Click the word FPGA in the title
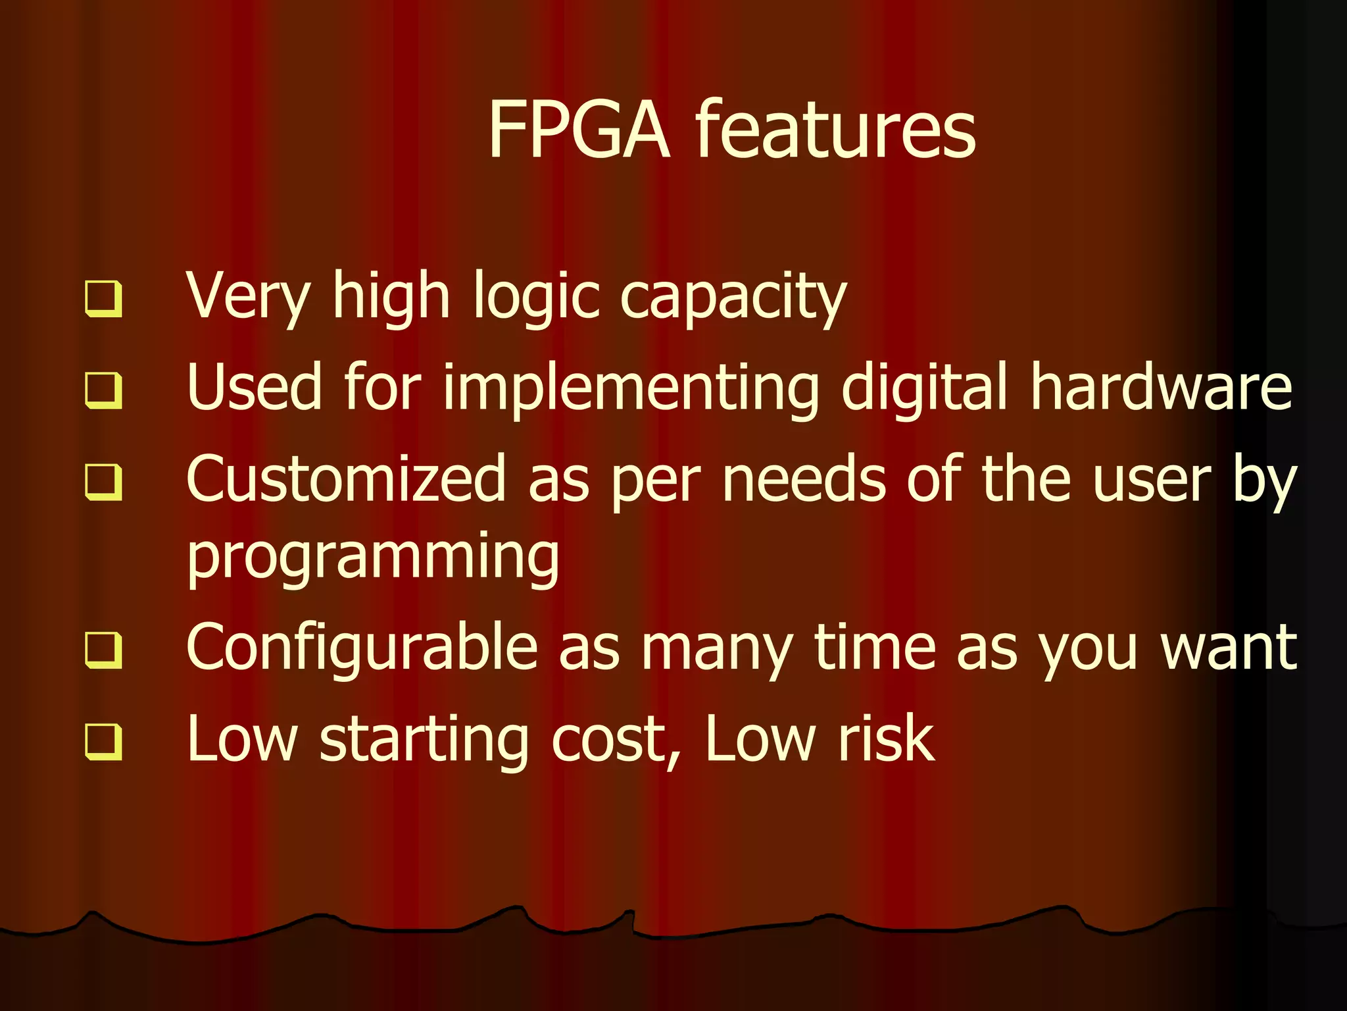point(578,130)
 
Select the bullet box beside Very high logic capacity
point(104,299)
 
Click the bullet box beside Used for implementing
point(104,390)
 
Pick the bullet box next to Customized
point(104,482)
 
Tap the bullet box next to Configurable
point(104,650)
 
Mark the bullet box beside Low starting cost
point(104,742)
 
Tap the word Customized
point(346,480)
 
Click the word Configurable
point(362,649)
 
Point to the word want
point(1229,649)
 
